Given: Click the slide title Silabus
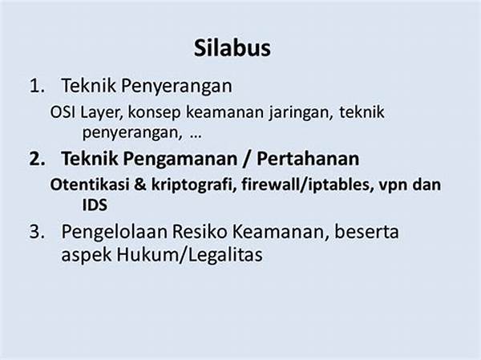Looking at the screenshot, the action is [x=232, y=48].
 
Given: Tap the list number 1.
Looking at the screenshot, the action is [x=37, y=86].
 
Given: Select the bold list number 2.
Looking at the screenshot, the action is [x=37, y=159].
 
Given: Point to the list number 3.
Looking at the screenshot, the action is [x=37, y=232].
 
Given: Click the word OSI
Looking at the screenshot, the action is [x=63, y=112].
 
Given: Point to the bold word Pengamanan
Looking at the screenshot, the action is [x=180, y=160].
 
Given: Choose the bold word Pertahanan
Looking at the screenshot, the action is [x=308, y=159].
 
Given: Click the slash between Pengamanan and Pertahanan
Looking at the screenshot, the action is [x=247, y=160].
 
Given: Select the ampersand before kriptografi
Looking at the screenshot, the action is [x=140, y=184].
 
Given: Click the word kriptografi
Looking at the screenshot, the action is [x=194, y=185].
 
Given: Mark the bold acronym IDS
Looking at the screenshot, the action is [x=95, y=205].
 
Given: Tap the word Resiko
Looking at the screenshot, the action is [x=199, y=232].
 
